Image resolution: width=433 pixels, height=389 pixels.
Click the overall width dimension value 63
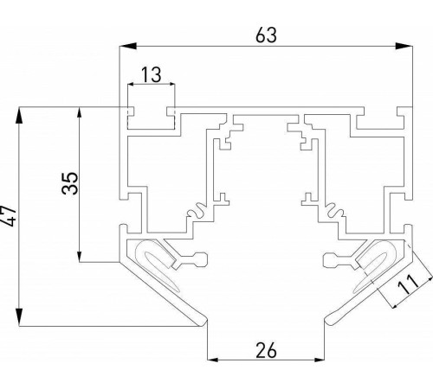click(264, 35)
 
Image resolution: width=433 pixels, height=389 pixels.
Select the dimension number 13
click(151, 75)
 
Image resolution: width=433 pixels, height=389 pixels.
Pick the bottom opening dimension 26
click(267, 350)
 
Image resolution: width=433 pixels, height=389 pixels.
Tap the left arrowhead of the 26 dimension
click(210, 360)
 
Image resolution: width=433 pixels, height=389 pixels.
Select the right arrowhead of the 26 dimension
click(324, 360)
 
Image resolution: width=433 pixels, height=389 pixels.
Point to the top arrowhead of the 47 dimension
click(18, 111)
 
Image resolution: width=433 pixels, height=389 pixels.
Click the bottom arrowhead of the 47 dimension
click(18, 322)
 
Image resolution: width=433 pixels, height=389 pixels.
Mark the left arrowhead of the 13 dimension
click(131, 85)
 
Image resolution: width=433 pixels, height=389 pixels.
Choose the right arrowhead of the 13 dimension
click(171, 85)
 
